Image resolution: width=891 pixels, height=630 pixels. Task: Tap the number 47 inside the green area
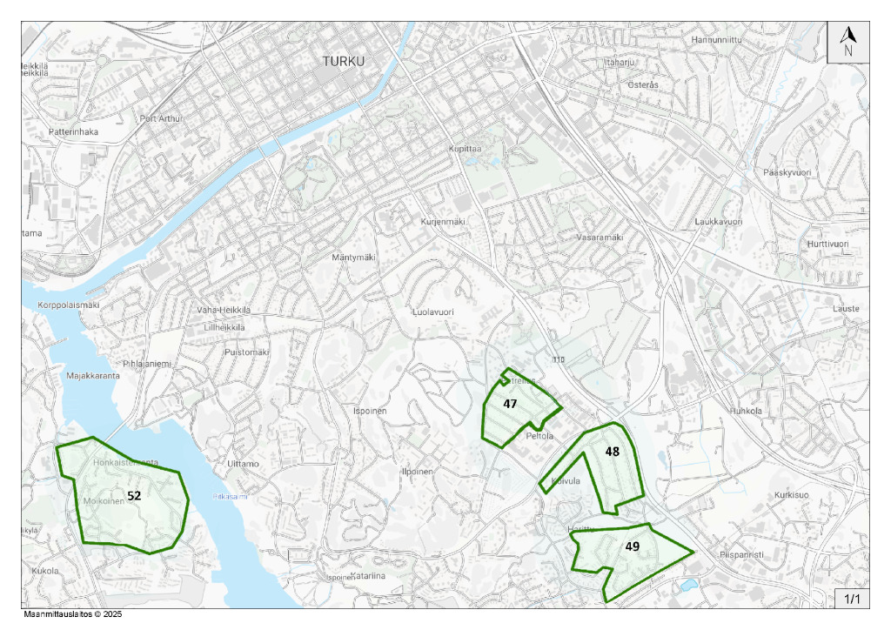click(510, 404)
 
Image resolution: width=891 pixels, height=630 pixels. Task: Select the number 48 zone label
click(613, 452)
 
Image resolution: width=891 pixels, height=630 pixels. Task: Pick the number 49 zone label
click(633, 546)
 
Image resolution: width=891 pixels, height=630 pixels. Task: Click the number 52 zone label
click(134, 495)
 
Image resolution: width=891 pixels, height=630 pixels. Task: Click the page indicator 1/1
click(850, 599)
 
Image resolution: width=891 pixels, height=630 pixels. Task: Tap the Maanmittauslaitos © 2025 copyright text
click(73, 614)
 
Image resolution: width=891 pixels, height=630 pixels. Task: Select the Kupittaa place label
click(465, 149)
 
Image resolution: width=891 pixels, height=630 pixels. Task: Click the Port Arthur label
click(162, 119)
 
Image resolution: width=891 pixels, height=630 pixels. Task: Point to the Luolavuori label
click(432, 311)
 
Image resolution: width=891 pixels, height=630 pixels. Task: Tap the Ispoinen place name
click(369, 410)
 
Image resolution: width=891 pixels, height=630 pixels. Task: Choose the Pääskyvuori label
click(786, 173)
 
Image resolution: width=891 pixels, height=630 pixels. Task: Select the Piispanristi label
click(741, 554)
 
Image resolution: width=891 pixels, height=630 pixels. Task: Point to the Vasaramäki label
click(600, 238)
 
